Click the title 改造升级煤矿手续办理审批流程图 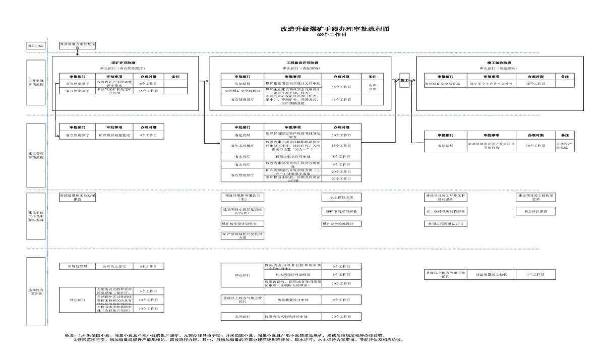pyautogui.click(x=335, y=29)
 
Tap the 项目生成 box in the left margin pyautogui.click(x=36, y=46)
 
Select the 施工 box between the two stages pyautogui.click(x=404, y=80)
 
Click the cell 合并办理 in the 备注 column pyautogui.click(x=373, y=87)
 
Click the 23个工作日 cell pyautogui.click(x=340, y=178)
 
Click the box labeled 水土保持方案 pyautogui.click(x=341, y=198)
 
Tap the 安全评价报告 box pyautogui.click(x=535, y=211)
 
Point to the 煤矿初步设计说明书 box pyautogui.click(x=242, y=224)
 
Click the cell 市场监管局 pyautogui.click(x=77, y=266)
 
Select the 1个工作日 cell pyautogui.click(x=535, y=275)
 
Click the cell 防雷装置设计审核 pyautogui.click(x=294, y=299)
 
